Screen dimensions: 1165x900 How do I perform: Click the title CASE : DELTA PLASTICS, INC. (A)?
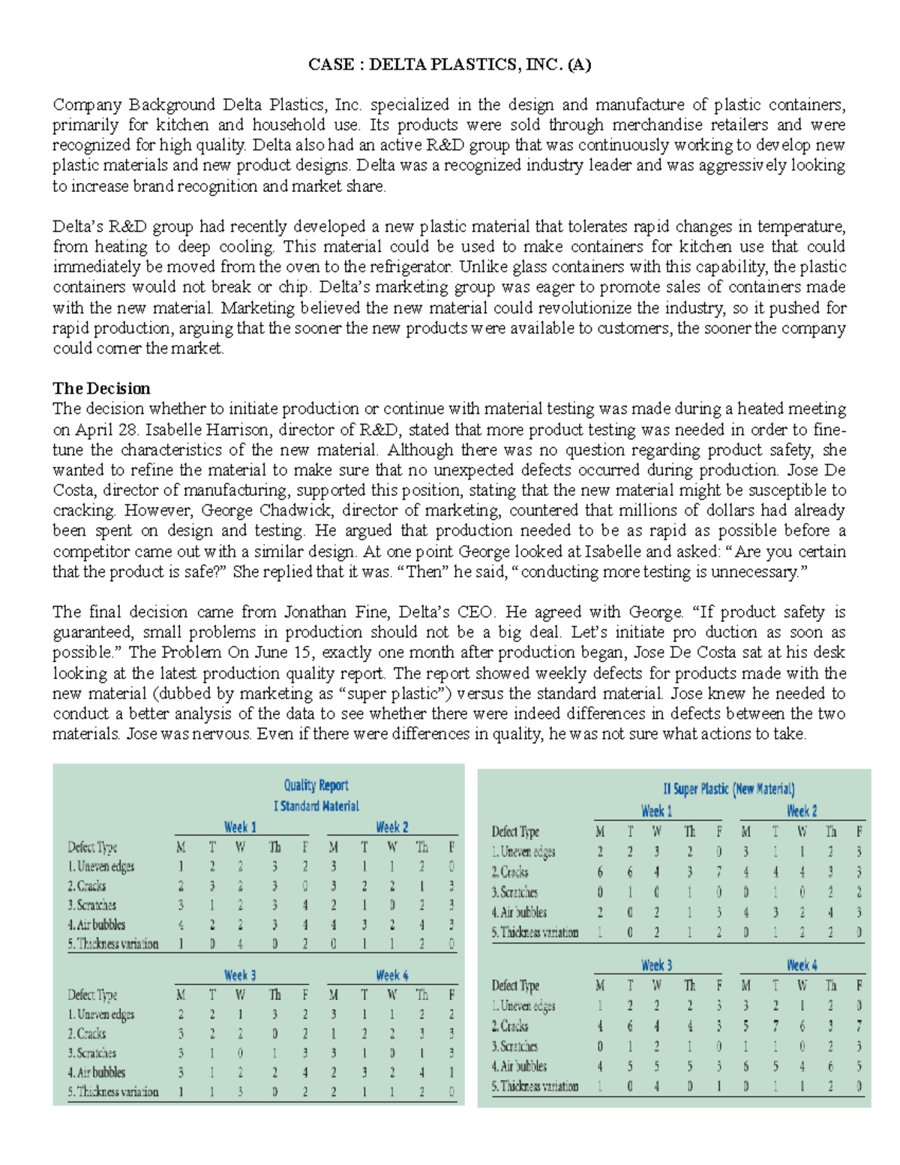pos(449,65)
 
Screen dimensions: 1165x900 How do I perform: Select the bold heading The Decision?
pos(101,388)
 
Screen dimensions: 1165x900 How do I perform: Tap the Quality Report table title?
pos(316,785)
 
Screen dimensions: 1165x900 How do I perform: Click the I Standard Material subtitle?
pos(316,806)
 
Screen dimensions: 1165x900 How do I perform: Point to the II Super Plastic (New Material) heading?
pos(728,788)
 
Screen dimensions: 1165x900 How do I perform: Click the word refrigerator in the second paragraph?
pos(412,266)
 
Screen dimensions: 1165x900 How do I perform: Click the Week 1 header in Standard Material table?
pos(240,827)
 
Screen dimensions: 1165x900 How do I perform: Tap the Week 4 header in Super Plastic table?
pos(802,965)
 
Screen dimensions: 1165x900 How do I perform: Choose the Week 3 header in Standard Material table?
pos(240,975)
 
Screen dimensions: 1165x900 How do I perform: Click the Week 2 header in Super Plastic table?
pos(802,811)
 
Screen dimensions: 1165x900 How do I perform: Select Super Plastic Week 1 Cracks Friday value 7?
pos(718,872)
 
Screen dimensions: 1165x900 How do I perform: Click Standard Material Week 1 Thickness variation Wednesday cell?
pos(240,944)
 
